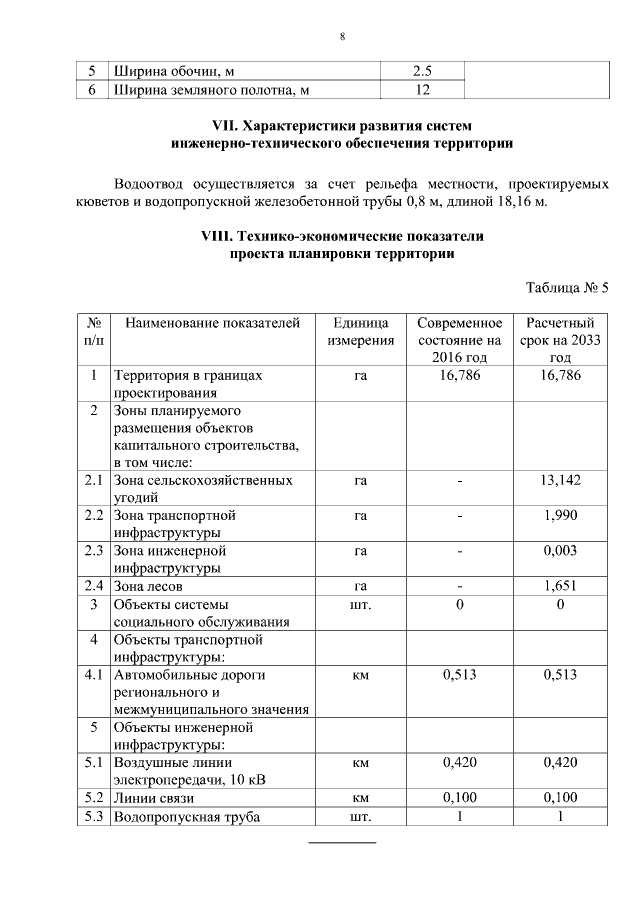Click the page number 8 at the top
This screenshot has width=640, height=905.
click(342, 38)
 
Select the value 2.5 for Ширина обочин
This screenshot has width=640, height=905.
click(421, 72)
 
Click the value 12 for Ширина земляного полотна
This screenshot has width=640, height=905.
click(421, 91)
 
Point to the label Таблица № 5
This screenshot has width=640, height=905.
click(567, 289)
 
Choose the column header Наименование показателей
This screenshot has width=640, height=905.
click(212, 323)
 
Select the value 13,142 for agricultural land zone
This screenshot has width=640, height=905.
click(560, 481)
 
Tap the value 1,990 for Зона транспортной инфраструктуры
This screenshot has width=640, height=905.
click(560, 515)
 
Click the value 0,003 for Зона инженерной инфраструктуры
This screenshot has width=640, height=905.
click(560, 550)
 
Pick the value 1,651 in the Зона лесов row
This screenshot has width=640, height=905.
click(560, 586)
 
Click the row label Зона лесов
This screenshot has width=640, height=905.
click(155, 586)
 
